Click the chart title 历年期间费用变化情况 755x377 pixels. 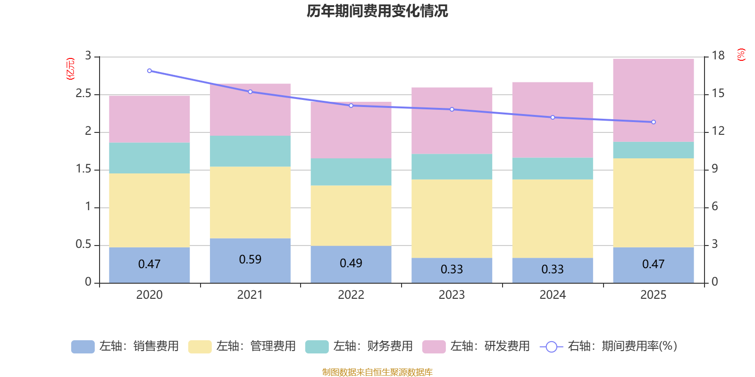point(377,11)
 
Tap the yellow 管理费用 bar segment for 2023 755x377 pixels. point(452,218)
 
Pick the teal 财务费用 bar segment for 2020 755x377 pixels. point(149,158)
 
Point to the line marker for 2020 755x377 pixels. point(150,71)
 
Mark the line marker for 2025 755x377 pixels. point(654,122)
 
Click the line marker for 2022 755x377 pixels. point(351,106)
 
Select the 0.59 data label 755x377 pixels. point(250,259)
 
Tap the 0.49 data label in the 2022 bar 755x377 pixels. point(351,263)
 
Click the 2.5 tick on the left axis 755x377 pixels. point(84,94)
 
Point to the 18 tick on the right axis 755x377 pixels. point(718,56)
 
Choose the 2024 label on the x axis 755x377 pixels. point(553,295)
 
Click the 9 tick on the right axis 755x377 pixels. point(715,169)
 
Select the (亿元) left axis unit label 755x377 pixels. point(70,69)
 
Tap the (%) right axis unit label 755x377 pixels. point(741,55)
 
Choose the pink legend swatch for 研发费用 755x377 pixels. point(434,347)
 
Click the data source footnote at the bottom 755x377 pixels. point(377,372)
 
